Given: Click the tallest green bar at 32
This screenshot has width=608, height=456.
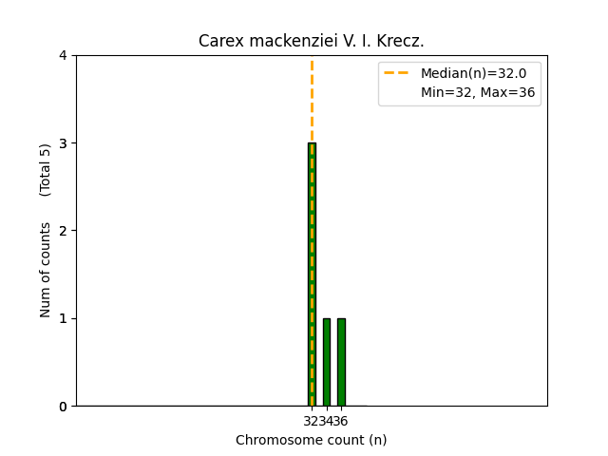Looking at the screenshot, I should tap(312, 275).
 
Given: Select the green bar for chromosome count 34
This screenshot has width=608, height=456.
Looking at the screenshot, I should tap(327, 362).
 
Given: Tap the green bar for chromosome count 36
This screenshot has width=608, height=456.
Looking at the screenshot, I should tap(341, 362).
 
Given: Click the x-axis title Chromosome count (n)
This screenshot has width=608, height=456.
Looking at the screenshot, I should tap(312, 440).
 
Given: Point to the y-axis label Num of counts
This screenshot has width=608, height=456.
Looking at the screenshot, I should tap(46, 270).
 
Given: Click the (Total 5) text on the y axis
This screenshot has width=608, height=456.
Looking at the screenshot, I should tap(46, 170).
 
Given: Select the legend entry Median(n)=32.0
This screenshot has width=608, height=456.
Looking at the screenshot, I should tap(473, 73).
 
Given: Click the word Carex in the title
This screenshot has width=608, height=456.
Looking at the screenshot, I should tap(217, 41).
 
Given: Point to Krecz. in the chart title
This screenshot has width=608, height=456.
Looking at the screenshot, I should tap(402, 41).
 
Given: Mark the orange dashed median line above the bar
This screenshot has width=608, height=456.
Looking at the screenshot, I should tap(312, 100).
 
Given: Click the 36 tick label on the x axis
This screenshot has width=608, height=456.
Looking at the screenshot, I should tap(342, 421).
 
